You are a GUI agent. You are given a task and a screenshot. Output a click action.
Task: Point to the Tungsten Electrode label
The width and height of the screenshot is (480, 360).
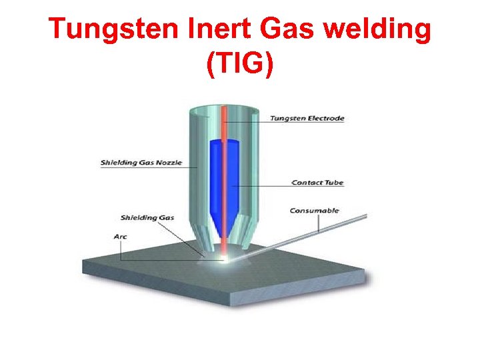coord(307,119)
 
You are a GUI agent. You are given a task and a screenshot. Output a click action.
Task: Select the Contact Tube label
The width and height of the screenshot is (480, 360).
coord(318,182)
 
